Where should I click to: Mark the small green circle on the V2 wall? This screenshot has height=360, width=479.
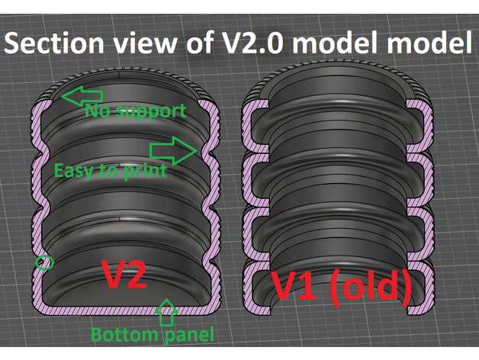46,262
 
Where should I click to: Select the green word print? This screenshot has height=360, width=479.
145,170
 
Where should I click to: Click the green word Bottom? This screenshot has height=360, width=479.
114,334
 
